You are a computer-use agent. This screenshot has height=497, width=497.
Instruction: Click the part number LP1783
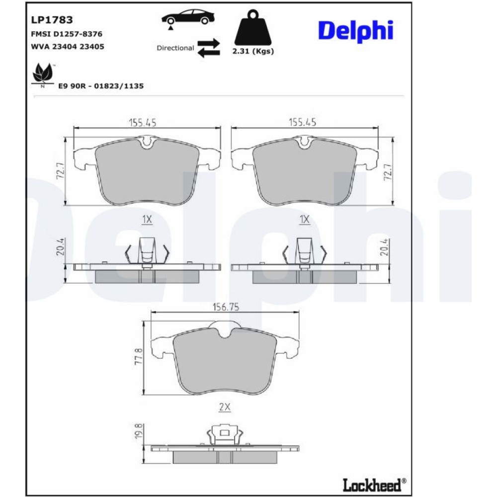52,20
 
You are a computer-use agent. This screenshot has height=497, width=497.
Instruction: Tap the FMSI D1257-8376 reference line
67,34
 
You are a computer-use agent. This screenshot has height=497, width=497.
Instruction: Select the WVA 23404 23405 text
68,47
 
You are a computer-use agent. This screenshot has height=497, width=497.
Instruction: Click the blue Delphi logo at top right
356,31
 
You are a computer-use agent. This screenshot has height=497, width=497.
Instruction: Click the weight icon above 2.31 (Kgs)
253,27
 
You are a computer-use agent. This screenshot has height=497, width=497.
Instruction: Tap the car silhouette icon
188,18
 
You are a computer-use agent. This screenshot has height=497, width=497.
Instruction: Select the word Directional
175,48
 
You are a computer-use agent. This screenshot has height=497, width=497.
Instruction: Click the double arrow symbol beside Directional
209,48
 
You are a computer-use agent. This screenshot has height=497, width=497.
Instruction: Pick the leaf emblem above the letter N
43,73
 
